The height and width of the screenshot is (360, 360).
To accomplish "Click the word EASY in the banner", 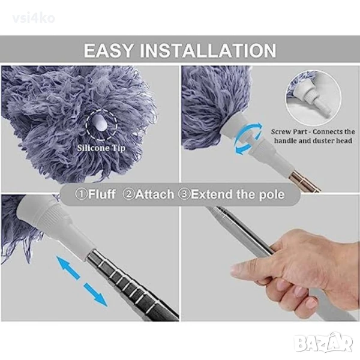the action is coord(109,50).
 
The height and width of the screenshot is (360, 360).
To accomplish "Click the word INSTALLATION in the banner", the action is coord(208,50).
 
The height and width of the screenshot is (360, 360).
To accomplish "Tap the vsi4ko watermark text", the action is coord(34,19).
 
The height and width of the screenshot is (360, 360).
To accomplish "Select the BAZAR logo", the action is coord(323,344).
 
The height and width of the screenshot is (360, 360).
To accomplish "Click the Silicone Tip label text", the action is coord(101,148).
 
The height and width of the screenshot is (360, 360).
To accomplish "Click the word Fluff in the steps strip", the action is coord(102,194).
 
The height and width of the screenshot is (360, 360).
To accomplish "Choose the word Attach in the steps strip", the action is coord(155,194).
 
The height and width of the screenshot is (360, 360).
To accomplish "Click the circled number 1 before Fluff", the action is coord(82,194).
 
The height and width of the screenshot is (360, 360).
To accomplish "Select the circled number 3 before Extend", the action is coord(185,194).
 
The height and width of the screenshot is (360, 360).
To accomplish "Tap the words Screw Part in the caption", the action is coord(289,132).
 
